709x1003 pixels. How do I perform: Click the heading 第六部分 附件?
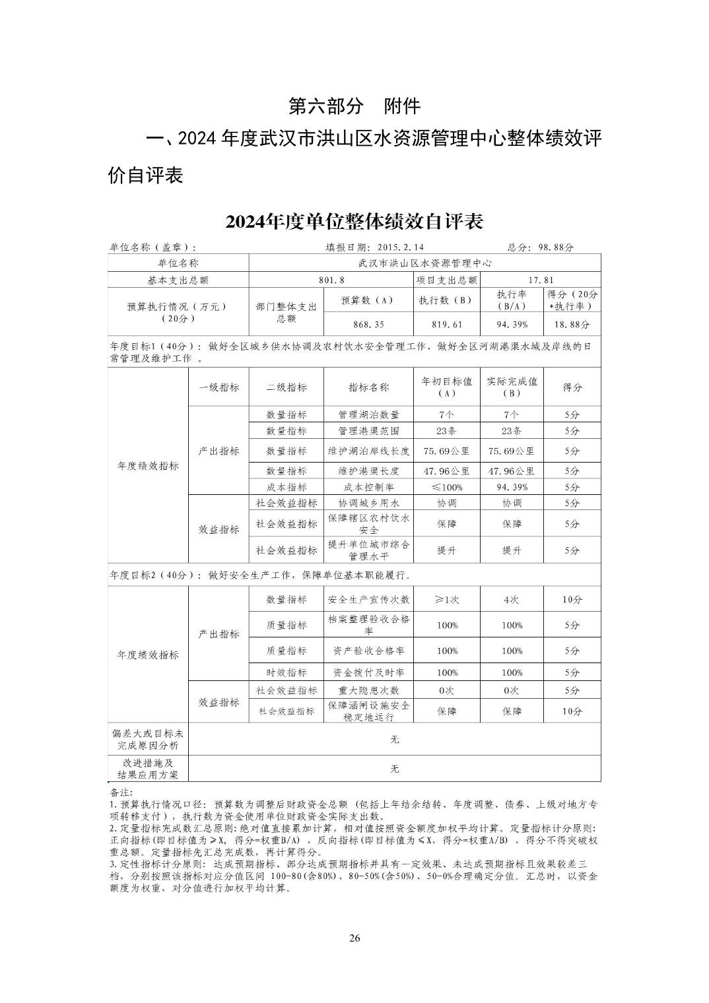(355, 106)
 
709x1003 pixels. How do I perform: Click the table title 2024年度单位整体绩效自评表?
(355, 221)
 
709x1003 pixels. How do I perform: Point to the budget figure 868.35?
(368, 325)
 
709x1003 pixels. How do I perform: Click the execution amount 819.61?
(446, 325)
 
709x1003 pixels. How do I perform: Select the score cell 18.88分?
(572, 325)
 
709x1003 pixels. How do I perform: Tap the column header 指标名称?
(368, 387)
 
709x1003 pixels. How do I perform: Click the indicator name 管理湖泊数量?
(368, 415)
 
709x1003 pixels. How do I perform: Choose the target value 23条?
(446, 431)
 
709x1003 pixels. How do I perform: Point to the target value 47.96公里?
(446, 471)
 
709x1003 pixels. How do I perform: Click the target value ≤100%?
(446, 487)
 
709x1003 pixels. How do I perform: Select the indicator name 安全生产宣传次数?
(368, 600)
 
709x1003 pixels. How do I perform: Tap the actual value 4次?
(512, 600)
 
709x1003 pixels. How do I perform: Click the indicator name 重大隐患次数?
(368, 690)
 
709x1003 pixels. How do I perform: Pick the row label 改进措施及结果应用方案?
(148, 769)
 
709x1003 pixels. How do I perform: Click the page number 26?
(355, 938)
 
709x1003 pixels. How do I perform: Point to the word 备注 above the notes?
(121, 791)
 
